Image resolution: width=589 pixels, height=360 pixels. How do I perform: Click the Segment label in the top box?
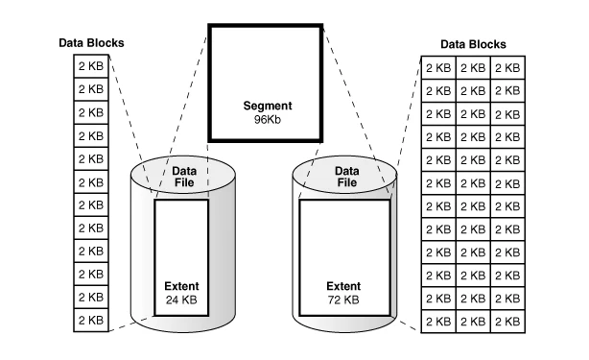tap(268, 106)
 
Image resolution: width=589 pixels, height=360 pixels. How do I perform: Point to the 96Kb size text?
tap(268, 119)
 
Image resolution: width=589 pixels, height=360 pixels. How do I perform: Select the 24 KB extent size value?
tap(181, 300)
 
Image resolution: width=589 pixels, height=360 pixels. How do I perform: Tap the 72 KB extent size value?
tap(343, 300)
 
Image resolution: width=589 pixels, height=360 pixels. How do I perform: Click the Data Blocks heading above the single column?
tap(91, 43)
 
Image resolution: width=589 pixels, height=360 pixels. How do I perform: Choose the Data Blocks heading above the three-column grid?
tap(473, 44)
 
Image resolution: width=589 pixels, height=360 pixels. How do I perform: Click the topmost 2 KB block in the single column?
tap(91, 66)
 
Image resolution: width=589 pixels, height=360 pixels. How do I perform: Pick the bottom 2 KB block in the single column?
tap(91, 321)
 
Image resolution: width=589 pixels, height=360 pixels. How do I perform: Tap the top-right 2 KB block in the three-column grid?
tap(507, 68)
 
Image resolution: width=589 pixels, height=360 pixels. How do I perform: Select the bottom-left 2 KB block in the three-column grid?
tap(438, 322)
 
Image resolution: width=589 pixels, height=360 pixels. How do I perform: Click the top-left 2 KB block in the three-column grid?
tap(438, 68)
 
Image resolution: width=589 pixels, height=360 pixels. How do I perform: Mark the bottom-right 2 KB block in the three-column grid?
tap(507, 322)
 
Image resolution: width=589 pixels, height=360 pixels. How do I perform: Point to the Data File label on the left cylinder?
tap(184, 177)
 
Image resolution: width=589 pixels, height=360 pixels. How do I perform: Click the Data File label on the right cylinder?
tap(346, 177)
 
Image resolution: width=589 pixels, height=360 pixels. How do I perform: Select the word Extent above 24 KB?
tap(181, 286)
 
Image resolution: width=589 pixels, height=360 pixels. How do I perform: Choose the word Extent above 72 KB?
tap(343, 286)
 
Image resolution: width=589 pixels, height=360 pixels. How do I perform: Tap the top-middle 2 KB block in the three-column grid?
tap(473, 68)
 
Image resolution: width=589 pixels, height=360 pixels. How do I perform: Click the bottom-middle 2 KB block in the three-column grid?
tap(473, 322)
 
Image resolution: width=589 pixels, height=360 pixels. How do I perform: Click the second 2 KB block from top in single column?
tap(91, 89)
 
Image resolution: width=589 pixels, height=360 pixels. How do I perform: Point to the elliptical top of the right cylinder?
tap(344, 175)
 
